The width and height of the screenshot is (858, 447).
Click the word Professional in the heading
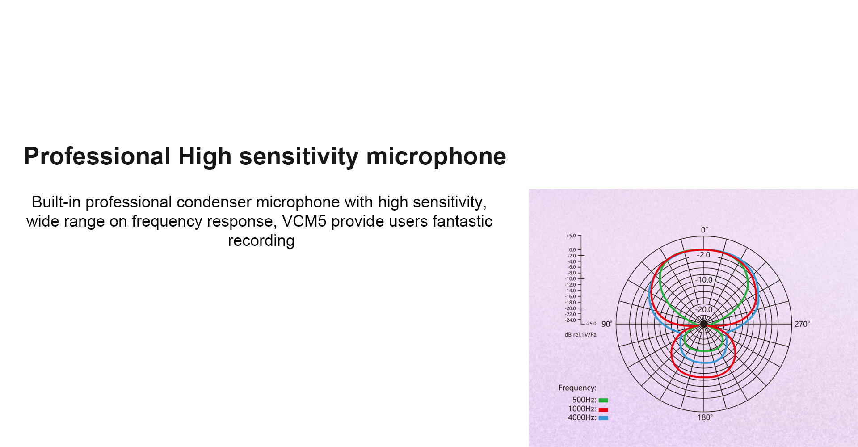click(x=97, y=156)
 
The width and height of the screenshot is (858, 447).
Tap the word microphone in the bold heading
click(x=436, y=157)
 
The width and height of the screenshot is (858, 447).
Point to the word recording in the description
click(x=261, y=240)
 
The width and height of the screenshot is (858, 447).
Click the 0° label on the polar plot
click(x=704, y=230)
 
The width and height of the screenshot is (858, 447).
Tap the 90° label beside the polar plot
click(x=606, y=324)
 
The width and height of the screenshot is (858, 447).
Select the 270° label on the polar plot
click(x=802, y=324)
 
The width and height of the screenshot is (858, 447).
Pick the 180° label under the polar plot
click(x=705, y=417)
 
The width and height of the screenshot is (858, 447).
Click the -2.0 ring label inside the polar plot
click(x=703, y=255)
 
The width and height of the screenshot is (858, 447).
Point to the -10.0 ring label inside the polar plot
click(x=704, y=280)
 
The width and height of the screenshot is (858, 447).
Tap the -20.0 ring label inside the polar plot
click(x=704, y=309)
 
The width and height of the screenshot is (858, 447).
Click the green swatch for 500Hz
click(x=603, y=400)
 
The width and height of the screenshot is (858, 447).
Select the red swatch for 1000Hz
click(x=603, y=409)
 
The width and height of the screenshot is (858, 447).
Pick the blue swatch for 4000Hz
click(x=603, y=418)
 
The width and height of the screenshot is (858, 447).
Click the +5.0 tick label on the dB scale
click(x=571, y=236)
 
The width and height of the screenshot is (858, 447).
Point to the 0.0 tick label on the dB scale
click(x=572, y=250)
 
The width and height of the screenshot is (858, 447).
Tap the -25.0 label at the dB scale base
click(x=591, y=324)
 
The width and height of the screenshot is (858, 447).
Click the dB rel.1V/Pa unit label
click(x=580, y=334)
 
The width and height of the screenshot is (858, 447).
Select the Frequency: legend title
click(x=577, y=388)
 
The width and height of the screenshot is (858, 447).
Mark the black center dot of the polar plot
click(x=704, y=324)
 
